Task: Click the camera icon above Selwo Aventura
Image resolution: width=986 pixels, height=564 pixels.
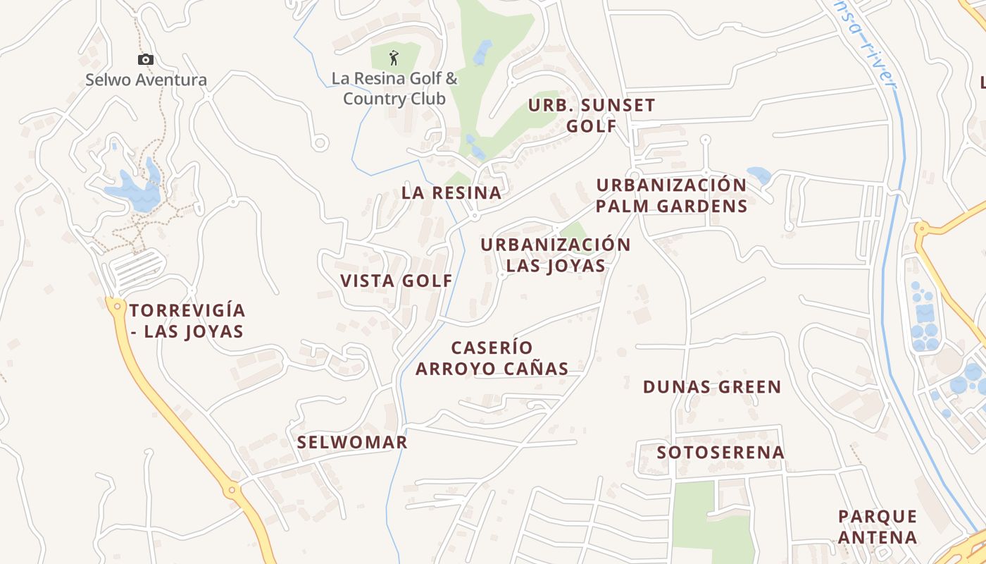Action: click(146, 60)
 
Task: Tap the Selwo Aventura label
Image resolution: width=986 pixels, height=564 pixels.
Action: click(146, 80)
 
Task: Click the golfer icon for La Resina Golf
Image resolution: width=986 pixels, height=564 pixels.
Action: click(394, 57)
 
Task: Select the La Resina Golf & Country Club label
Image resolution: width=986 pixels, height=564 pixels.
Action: click(394, 89)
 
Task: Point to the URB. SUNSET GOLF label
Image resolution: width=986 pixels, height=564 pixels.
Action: click(592, 116)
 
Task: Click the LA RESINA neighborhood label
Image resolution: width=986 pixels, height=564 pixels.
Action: click(451, 192)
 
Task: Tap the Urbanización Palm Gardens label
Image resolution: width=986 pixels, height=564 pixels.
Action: click(671, 195)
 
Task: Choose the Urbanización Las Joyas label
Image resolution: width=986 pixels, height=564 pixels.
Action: click(556, 255)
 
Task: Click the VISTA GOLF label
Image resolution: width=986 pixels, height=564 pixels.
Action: click(397, 281)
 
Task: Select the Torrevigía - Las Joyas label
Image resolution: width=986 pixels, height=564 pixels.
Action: click(187, 321)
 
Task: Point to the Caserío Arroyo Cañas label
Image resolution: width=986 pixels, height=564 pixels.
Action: click(492, 358)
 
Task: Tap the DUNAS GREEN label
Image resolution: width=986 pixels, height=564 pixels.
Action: click(712, 387)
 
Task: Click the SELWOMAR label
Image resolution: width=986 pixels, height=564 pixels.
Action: click(352, 442)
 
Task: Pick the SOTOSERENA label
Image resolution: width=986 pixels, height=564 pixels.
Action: click(720, 452)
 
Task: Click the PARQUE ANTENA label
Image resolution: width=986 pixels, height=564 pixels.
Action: click(878, 527)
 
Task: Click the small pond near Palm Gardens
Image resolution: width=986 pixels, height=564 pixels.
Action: click(759, 175)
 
